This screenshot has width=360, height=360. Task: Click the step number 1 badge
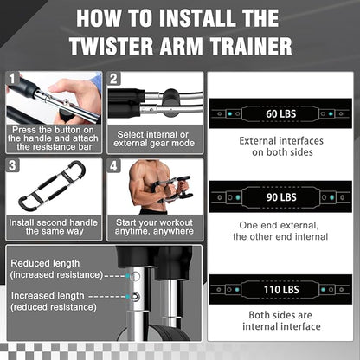(12, 79)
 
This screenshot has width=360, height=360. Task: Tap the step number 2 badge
(113, 79)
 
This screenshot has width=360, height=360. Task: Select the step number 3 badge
(12, 165)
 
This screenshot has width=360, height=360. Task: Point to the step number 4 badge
(113, 165)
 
